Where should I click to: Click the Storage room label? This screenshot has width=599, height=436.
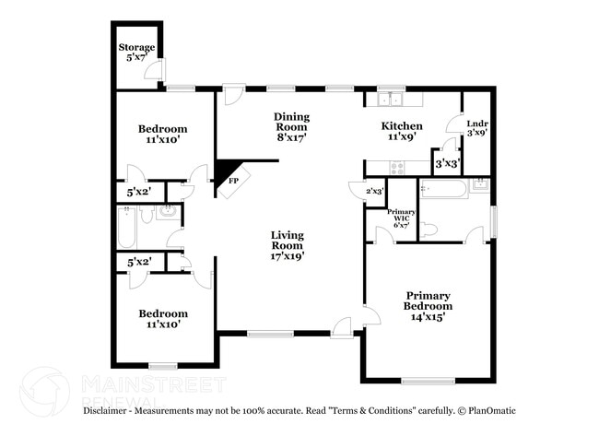136,52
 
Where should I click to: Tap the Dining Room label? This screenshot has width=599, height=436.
291,127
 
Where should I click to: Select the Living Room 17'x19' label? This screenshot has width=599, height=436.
288,245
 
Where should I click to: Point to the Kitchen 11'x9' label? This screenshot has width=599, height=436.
402,131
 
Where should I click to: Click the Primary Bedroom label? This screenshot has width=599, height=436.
428,306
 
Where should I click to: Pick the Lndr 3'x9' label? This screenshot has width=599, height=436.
477,128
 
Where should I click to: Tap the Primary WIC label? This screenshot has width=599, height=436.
402,218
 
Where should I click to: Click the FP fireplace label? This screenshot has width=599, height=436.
233,181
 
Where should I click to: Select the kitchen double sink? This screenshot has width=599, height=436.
391,99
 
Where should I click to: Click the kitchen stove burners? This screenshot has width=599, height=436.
397,168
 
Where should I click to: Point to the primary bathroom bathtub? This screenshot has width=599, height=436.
443,189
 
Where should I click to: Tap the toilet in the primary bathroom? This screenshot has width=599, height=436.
429,230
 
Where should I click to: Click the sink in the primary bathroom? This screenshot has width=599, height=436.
479,185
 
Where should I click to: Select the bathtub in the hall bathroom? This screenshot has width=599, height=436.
126,228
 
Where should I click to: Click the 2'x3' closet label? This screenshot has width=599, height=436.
375,191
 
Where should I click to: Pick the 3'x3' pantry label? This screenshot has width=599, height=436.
447,164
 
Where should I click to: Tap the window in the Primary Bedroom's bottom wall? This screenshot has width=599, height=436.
429,380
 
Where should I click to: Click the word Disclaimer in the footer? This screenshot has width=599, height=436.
105,411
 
